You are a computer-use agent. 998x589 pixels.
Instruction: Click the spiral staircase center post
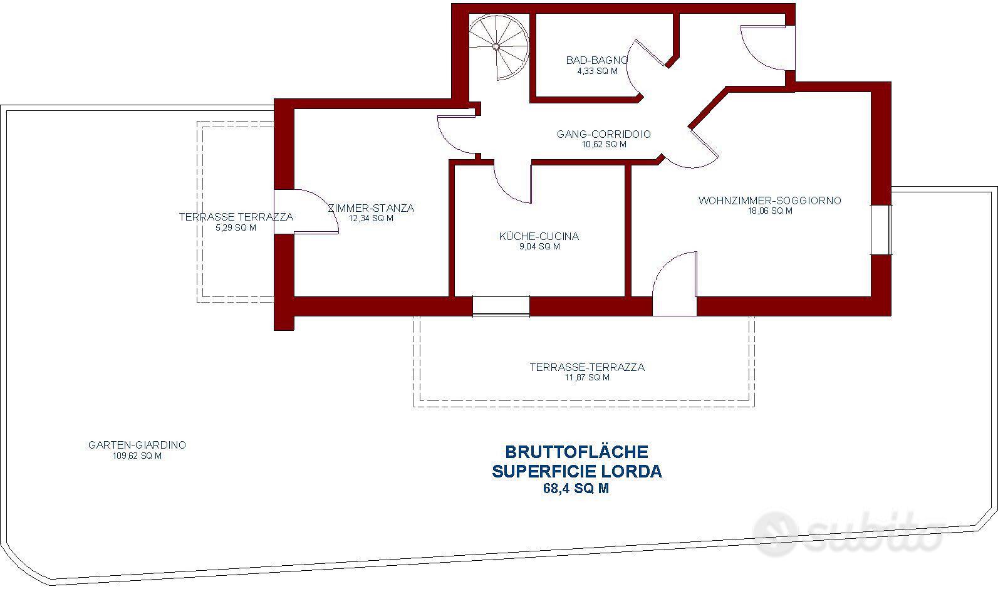496,47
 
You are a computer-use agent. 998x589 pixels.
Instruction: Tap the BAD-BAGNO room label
597,60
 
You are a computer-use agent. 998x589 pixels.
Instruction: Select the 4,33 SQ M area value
598,71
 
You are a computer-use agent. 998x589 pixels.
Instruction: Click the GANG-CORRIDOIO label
604,134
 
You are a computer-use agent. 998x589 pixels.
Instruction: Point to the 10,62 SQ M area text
604,144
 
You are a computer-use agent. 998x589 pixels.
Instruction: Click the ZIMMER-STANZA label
371,208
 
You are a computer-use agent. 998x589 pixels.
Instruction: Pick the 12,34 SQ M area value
371,218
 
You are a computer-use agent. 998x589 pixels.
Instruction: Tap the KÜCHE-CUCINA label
539,236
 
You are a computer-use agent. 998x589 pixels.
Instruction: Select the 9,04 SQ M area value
539,246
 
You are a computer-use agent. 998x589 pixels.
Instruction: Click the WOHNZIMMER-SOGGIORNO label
770,201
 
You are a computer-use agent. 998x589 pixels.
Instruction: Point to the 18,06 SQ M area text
770,211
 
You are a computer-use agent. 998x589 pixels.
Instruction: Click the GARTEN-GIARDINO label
137,445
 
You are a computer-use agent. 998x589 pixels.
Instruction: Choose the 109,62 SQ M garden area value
137,456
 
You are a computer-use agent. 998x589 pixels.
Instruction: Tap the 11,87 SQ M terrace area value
587,377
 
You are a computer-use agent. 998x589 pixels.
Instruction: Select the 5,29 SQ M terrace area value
236,227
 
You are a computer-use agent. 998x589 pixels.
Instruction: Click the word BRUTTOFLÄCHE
576,452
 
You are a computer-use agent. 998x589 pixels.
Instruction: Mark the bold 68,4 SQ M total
576,488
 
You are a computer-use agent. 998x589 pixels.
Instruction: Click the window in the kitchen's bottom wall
501,306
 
